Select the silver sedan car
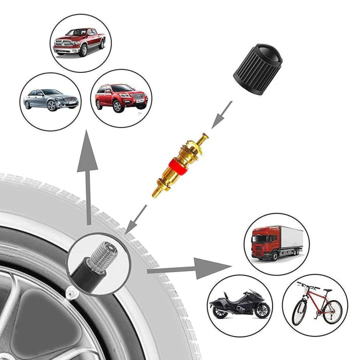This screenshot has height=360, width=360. pos(50,100)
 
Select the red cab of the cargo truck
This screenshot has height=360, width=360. pos(262,244)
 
